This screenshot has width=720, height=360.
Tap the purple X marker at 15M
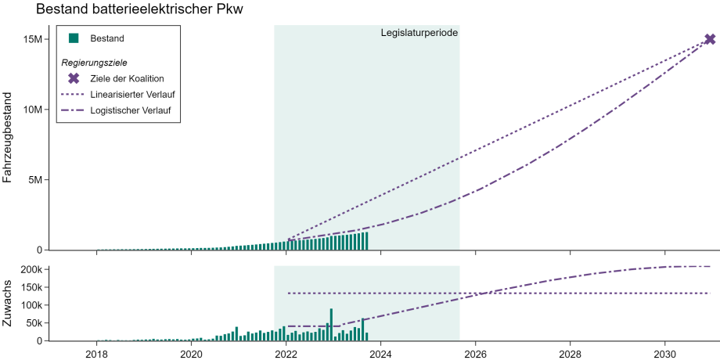point(710,39)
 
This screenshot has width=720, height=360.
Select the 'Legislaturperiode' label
point(419,33)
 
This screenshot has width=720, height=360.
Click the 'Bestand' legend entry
point(107,38)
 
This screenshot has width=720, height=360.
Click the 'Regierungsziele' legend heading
point(95,62)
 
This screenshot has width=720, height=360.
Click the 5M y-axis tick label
point(34,180)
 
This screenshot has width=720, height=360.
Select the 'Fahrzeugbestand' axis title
point(9,139)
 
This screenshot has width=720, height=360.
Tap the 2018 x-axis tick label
point(97,353)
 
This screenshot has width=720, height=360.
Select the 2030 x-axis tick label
point(665,353)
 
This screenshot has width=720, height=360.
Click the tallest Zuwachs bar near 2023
point(331,324)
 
